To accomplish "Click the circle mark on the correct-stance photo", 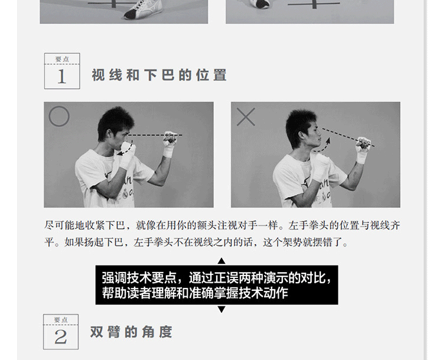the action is pyautogui.click(x=50, y=116).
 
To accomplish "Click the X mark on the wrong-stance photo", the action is pyautogui.click(x=246, y=117).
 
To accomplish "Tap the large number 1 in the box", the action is pyautogui.click(x=62, y=77).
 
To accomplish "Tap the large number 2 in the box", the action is pyautogui.click(x=61, y=337).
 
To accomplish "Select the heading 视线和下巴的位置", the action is pyautogui.click(x=159, y=75).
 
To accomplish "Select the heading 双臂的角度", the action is pyautogui.click(x=131, y=332).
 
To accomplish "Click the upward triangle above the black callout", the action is pyautogui.click(x=221, y=261).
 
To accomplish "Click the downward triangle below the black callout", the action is pyautogui.click(x=221, y=309).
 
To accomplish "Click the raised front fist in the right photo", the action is pyautogui.click(x=363, y=144).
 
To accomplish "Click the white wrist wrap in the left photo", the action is pyautogui.click(x=168, y=152).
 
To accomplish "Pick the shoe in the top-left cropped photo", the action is pyautogui.click(x=144, y=9).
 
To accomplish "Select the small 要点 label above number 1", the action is pyautogui.click(x=62, y=59).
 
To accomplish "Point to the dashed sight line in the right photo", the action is pyautogui.click(x=348, y=138).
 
